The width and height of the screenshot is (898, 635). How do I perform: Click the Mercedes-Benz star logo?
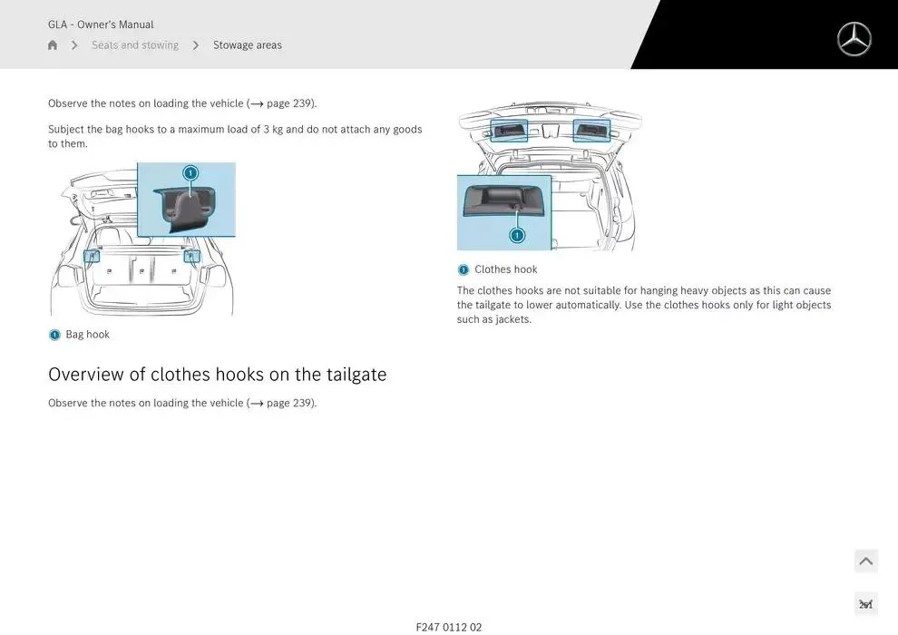(x=854, y=40)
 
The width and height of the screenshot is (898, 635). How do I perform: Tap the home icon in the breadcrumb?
(x=53, y=44)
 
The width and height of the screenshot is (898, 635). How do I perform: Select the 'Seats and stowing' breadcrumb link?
(x=135, y=44)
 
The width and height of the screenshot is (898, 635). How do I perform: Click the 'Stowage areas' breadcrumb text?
(x=248, y=44)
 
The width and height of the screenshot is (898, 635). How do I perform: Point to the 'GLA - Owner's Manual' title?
(x=101, y=24)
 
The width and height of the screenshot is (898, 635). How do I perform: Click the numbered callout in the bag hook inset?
(x=190, y=172)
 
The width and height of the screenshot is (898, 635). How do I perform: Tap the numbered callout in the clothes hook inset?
(x=517, y=235)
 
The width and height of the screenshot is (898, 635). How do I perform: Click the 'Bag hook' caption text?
(x=88, y=335)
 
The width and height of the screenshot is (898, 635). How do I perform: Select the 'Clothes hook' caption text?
(x=506, y=269)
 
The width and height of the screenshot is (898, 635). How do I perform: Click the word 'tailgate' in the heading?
(x=356, y=374)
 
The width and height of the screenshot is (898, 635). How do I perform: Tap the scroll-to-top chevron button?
(x=866, y=561)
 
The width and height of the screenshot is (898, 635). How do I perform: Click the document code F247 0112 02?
(x=449, y=627)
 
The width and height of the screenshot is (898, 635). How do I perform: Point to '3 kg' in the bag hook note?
(x=273, y=130)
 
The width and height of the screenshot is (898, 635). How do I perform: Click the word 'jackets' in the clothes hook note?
(x=512, y=319)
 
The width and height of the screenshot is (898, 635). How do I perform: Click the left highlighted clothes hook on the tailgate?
(x=509, y=131)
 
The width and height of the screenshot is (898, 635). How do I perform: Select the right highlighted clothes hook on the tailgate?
(x=591, y=131)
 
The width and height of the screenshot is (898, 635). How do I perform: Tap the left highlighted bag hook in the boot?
(x=92, y=256)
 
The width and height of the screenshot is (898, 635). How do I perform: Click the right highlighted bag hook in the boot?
(x=191, y=256)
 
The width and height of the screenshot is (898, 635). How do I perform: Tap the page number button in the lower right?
(x=866, y=603)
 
